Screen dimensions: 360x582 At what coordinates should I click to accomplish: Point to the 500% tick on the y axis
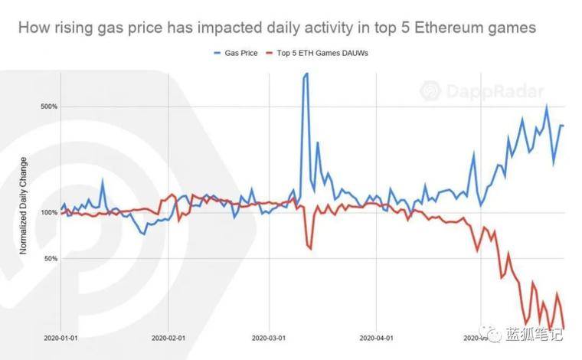pyautogui.click(x=49, y=106)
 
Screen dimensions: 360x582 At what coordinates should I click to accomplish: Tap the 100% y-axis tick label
pyautogui.click(x=49, y=212)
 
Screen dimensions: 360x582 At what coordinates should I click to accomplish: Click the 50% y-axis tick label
pyautogui.click(x=51, y=259)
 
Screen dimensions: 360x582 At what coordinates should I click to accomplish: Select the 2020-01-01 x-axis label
pyautogui.click(x=61, y=337)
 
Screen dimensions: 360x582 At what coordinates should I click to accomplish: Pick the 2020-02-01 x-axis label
pyautogui.click(x=168, y=337)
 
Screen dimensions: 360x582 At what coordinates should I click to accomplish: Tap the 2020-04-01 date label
pyautogui.click(x=375, y=337)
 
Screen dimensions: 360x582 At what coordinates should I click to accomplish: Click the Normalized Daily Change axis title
pyautogui.click(x=24, y=205)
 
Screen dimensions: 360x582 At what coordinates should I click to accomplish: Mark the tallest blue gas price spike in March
pyautogui.click(x=306, y=75)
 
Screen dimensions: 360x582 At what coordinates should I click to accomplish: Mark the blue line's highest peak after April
pyautogui.click(x=547, y=107)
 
